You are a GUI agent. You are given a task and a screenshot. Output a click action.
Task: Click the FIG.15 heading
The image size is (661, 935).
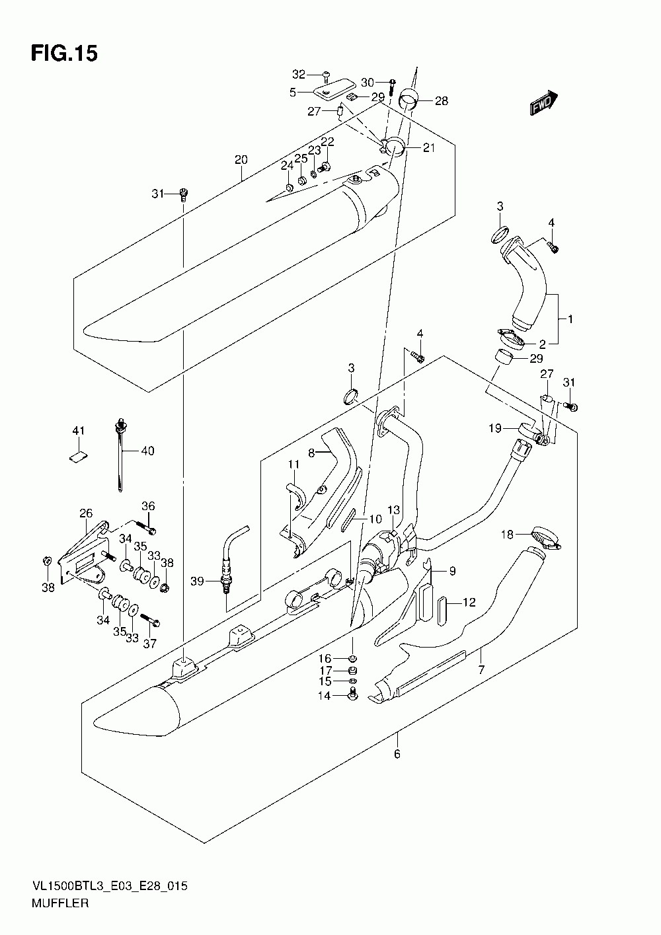(64, 54)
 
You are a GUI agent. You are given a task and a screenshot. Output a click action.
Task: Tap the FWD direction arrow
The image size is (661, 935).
(543, 102)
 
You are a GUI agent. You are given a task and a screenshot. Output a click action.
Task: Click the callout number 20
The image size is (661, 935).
(241, 160)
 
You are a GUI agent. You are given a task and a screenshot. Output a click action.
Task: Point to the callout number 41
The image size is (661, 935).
(79, 430)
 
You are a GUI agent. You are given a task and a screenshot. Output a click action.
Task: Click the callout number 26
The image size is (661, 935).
(86, 513)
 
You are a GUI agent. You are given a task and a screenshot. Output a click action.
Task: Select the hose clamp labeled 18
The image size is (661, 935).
(546, 539)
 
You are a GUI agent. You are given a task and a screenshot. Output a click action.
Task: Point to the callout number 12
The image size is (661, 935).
(469, 603)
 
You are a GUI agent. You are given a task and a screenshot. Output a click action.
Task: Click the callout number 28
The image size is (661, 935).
(442, 101)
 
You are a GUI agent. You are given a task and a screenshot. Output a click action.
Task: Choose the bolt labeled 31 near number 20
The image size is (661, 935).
(183, 194)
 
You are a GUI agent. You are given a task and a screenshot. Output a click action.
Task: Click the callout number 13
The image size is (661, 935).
(393, 509)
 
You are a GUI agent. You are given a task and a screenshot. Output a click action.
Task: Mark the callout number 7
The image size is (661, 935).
(481, 670)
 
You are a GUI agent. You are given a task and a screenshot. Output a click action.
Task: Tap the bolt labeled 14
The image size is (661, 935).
(352, 695)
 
